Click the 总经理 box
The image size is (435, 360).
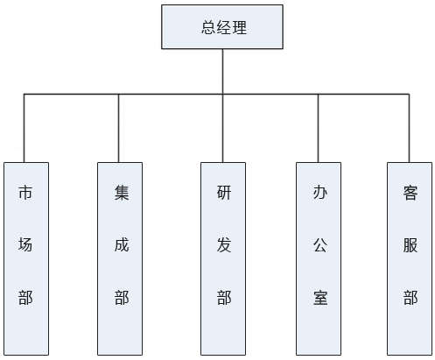[222, 27]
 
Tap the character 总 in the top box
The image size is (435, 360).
[208, 27]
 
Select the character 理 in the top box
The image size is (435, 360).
[239, 27]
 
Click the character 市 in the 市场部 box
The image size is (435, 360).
[25, 193]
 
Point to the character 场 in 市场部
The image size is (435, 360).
[25, 244]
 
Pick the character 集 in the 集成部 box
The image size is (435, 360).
[122, 193]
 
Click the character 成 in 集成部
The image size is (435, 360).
[122, 244]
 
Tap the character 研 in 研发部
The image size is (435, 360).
[224, 193]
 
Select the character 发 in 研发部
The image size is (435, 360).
[224, 244]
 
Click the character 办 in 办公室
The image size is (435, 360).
[320, 193]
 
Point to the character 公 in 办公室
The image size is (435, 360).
[320, 244]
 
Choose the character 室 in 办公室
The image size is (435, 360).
[320, 298]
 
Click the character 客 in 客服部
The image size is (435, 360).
[410, 193]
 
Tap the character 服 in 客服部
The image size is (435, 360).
[410, 244]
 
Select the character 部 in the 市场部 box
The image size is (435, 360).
[25, 298]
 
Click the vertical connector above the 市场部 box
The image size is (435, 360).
[24, 128]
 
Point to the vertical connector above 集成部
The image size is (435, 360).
[118, 128]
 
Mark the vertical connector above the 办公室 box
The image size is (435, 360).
[318, 128]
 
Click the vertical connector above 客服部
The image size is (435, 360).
[409, 128]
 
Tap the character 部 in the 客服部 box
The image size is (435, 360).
[410, 298]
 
